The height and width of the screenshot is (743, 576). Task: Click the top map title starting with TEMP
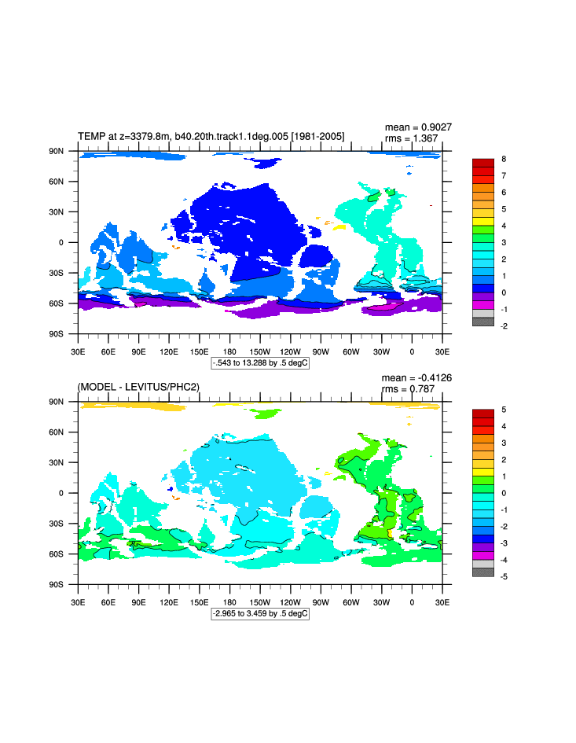pos(211,137)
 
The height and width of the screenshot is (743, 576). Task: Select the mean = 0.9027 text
pos(418,127)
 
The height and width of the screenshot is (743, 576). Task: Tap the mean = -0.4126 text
pos(416,377)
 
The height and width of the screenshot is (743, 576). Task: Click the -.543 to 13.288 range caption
pos(260,362)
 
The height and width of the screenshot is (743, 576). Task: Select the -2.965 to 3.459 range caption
pos(260,613)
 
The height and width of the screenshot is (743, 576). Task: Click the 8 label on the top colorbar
pos(504,159)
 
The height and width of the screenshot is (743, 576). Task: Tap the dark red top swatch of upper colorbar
pos(482,163)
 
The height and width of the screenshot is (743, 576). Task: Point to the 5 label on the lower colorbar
pos(504,410)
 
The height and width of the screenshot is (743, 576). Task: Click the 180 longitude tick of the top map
pos(229,351)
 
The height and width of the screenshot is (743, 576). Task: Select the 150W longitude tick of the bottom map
pos(260,602)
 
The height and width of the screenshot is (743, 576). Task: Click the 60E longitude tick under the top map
pos(108,351)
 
